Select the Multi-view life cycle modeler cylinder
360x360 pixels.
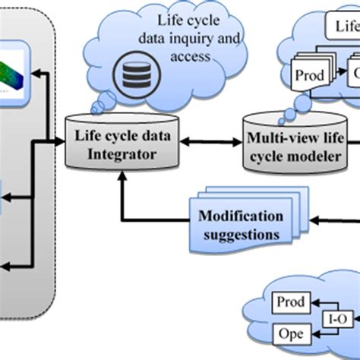(290, 141)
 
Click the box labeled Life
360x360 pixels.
(345, 28)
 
